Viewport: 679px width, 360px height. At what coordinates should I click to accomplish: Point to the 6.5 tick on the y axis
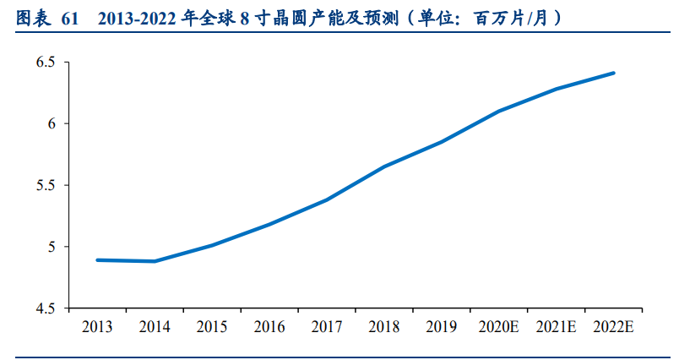tap(46, 63)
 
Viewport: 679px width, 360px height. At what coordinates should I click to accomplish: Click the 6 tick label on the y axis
tap(52, 124)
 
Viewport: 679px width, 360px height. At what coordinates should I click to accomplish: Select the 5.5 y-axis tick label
tap(46, 186)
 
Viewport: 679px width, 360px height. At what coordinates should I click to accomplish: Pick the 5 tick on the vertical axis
tap(52, 248)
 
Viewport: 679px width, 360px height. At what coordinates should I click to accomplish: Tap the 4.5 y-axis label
tap(46, 309)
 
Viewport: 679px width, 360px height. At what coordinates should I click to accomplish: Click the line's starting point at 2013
tap(97, 260)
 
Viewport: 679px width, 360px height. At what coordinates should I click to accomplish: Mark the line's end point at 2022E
tap(614, 73)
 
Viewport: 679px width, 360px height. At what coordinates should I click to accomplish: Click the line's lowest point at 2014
tap(155, 261)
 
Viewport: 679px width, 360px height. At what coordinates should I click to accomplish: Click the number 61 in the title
tap(69, 17)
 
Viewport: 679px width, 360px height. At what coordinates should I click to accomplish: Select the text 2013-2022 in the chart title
tap(137, 17)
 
